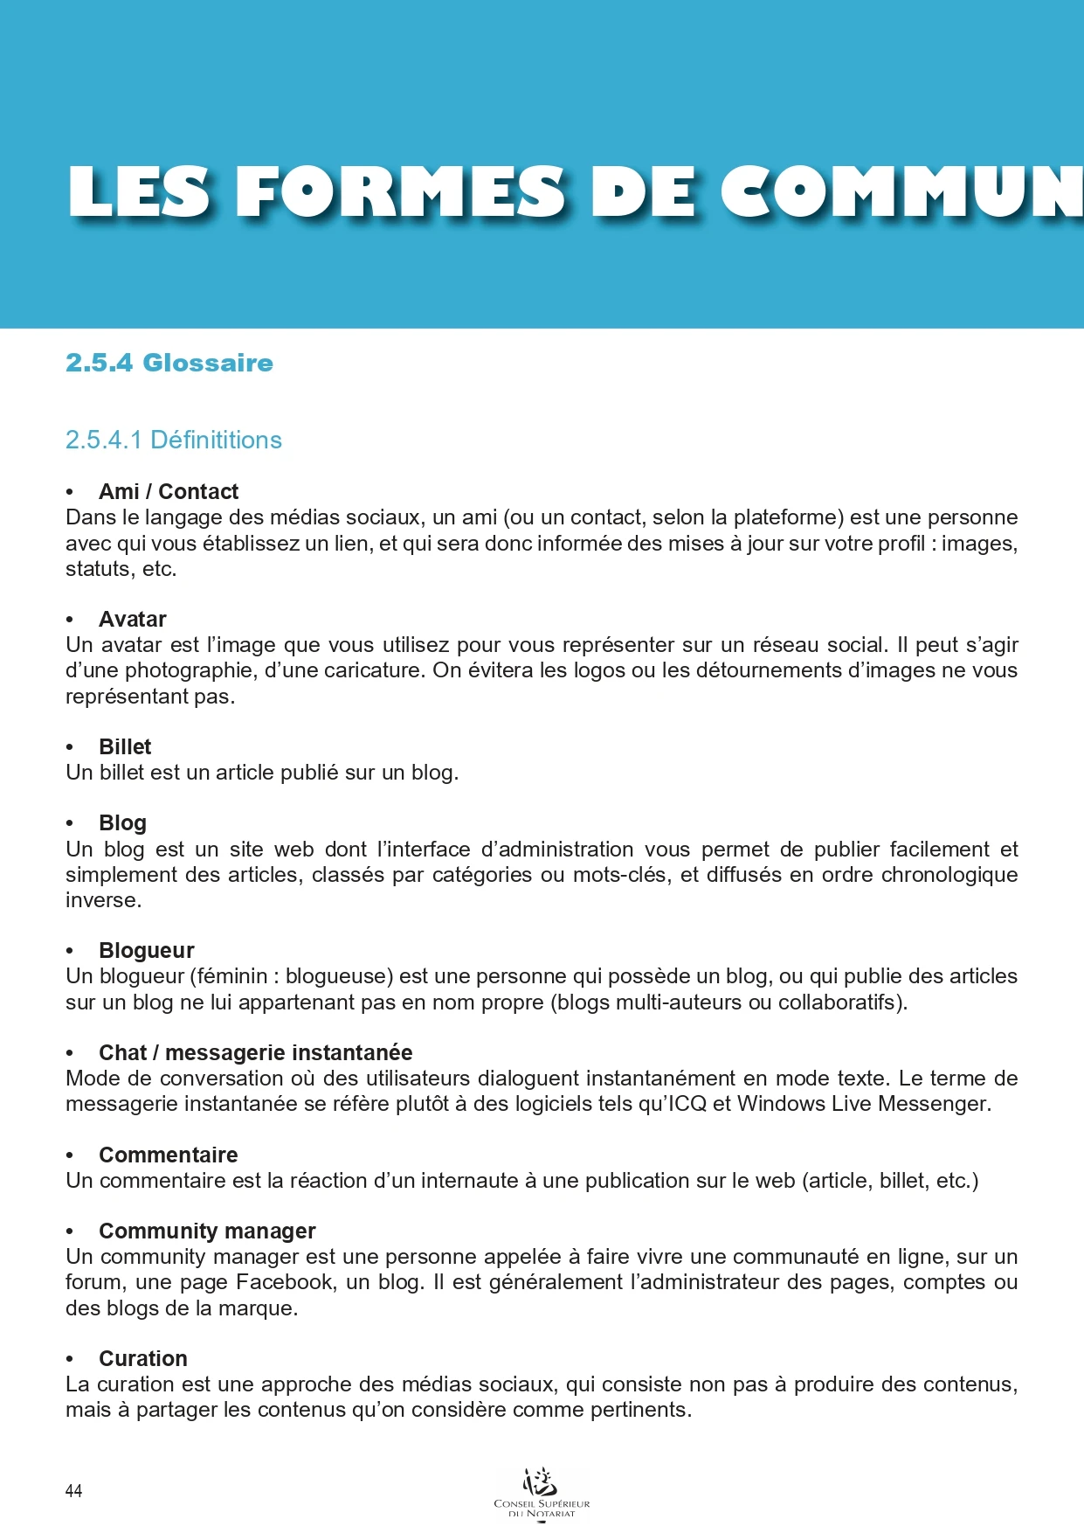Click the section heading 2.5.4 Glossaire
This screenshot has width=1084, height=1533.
tap(169, 363)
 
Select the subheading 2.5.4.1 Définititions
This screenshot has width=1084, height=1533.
tap(174, 440)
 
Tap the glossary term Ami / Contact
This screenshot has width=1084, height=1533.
tap(169, 491)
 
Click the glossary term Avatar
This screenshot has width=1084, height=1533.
tap(133, 619)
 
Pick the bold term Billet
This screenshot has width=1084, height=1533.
tap(125, 746)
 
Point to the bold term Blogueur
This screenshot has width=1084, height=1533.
tap(147, 950)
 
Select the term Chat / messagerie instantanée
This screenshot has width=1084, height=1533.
tap(256, 1052)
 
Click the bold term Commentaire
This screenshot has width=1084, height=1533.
tap(169, 1155)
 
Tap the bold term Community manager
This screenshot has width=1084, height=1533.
tap(207, 1231)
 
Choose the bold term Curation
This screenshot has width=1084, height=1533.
tap(143, 1358)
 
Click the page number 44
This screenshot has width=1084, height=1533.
tap(74, 1491)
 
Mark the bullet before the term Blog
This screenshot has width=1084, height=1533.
tap(70, 823)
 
